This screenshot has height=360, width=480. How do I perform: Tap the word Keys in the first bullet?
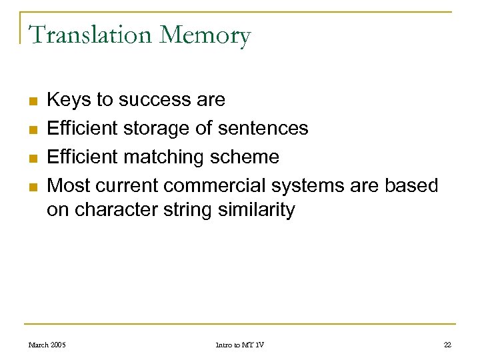[x=69, y=100]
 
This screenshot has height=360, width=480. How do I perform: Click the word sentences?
[x=264, y=128]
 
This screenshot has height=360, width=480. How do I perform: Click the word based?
[x=414, y=185]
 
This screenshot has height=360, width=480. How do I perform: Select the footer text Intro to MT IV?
[x=239, y=345]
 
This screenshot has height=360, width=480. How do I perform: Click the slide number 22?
[x=447, y=345]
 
